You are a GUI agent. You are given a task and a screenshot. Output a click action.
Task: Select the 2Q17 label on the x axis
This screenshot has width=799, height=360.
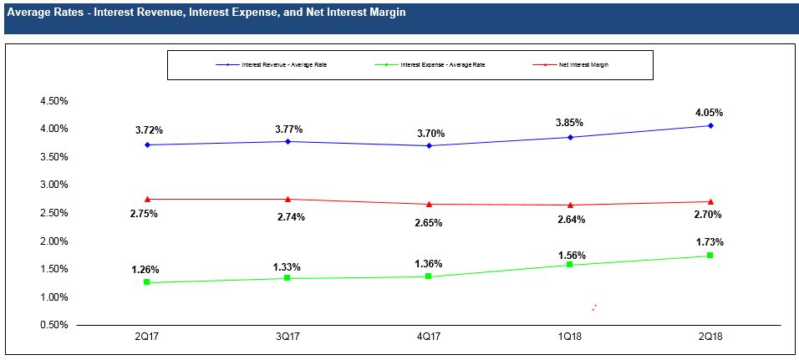pyautogui.click(x=146, y=336)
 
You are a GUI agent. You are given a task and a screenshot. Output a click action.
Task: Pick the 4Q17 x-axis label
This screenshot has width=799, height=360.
pyautogui.click(x=428, y=336)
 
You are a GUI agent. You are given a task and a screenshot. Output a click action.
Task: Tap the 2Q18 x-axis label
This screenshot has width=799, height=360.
pyautogui.click(x=710, y=336)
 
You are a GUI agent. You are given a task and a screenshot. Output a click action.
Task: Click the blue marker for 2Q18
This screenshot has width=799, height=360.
pyautogui.click(x=710, y=126)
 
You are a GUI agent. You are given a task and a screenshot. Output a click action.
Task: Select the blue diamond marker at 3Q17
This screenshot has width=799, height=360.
pyautogui.click(x=288, y=141)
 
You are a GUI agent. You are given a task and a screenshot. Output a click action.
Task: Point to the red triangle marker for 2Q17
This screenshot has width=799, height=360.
pyautogui.click(x=147, y=199)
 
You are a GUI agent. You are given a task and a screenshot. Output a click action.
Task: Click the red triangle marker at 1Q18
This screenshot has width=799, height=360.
pyautogui.click(x=570, y=205)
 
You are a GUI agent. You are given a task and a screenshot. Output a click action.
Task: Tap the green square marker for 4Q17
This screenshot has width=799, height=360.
pyautogui.click(x=429, y=276)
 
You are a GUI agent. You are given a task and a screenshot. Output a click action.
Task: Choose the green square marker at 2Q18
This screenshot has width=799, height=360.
pyautogui.click(x=710, y=256)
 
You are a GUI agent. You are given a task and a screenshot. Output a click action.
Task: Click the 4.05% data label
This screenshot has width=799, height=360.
pyautogui.click(x=710, y=113)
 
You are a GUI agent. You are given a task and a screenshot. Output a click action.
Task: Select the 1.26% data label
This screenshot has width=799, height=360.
pyautogui.click(x=146, y=270)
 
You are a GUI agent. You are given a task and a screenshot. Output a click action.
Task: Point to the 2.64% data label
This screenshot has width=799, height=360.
pyautogui.click(x=570, y=220)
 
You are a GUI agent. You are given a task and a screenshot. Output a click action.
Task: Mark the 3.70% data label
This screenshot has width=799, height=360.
pyautogui.click(x=429, y=133)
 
